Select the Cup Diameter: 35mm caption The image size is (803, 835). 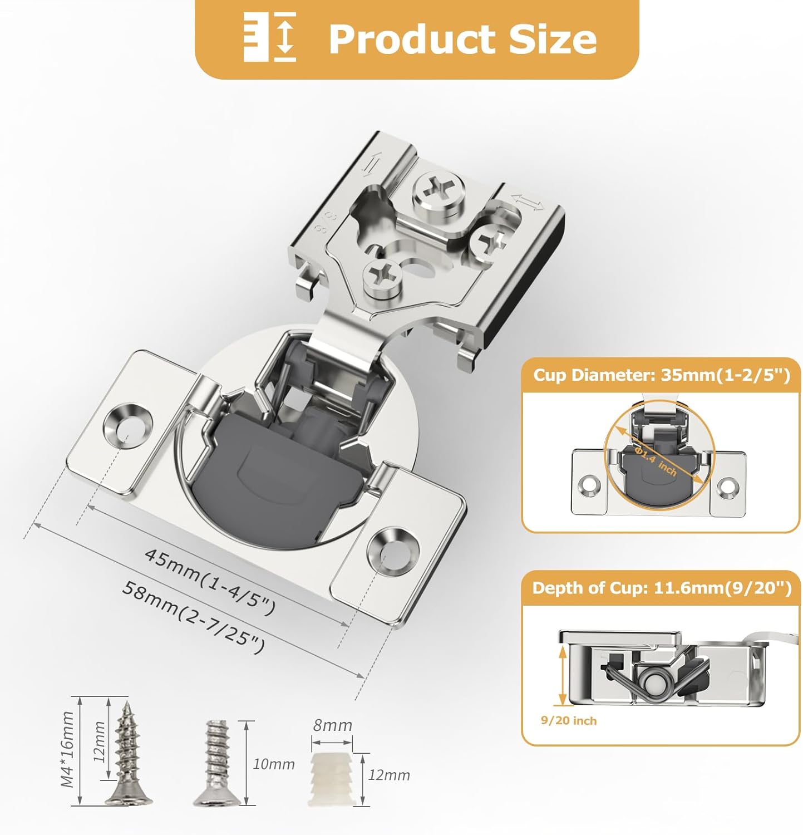click(661, 375)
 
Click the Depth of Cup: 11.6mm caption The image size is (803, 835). click(661, 588)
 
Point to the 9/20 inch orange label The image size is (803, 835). click(568, 721)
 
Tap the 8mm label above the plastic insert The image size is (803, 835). click(332, 725)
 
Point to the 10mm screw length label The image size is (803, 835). click(273, 764)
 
